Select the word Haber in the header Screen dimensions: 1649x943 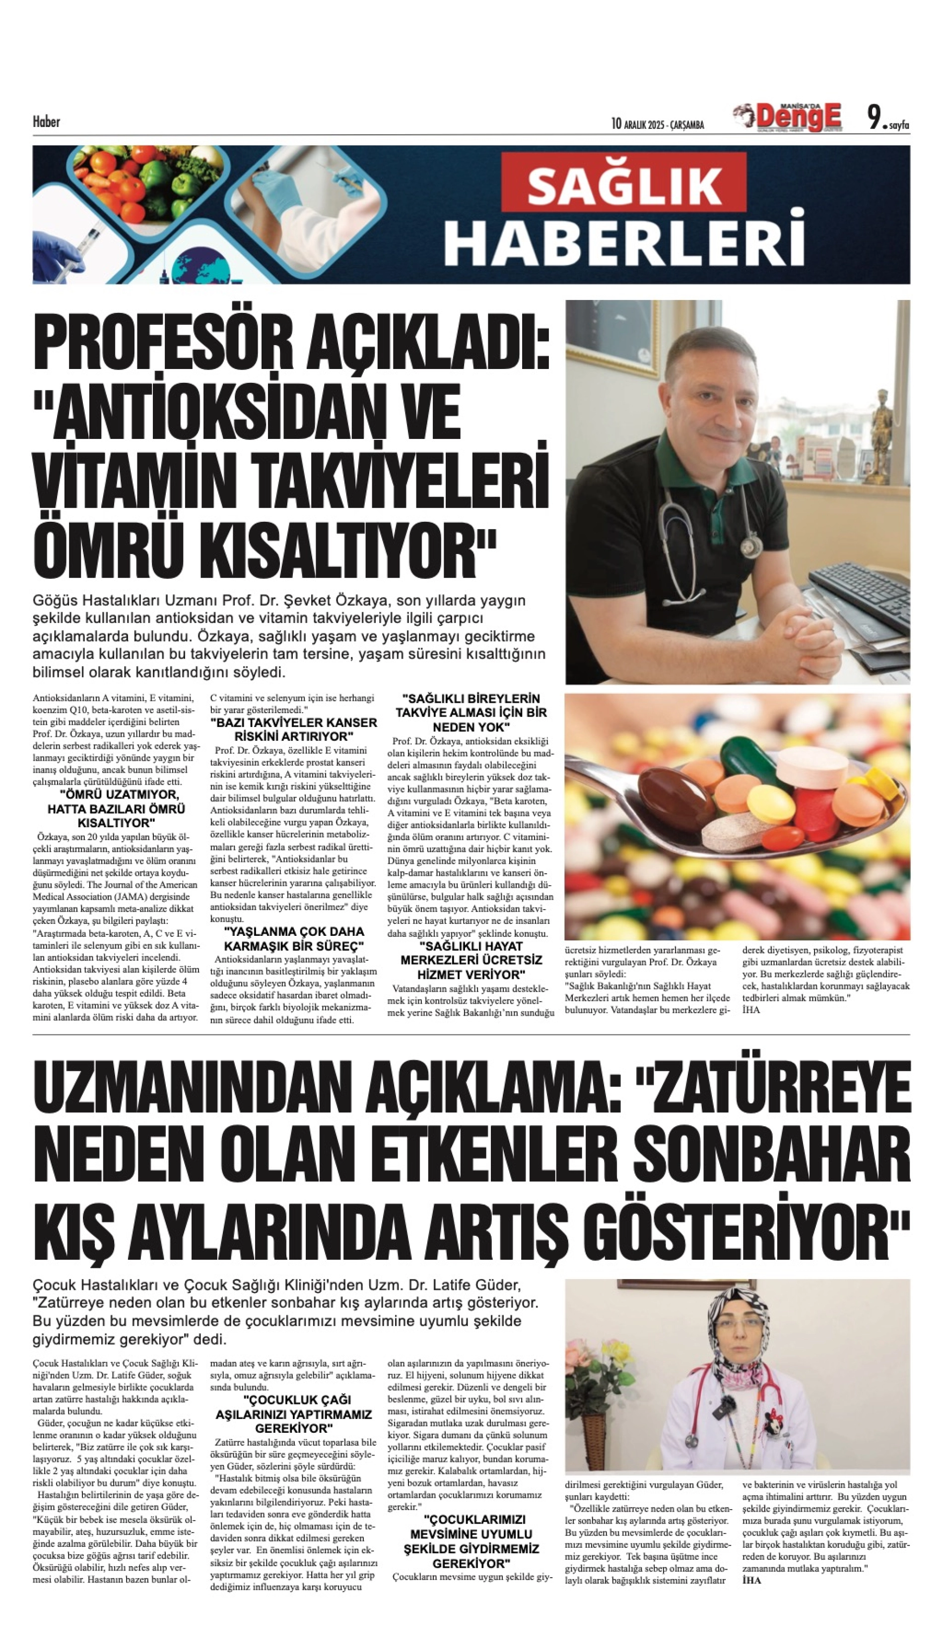(46, 122)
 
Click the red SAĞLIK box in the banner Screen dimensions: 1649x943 (624, 186)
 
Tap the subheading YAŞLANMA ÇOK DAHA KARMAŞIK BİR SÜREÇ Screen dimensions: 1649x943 (293, 938)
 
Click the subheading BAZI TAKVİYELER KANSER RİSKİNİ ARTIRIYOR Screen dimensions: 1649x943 (293, 730)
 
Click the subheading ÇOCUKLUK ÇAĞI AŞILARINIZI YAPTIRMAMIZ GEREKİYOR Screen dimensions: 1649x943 (293, 1413)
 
